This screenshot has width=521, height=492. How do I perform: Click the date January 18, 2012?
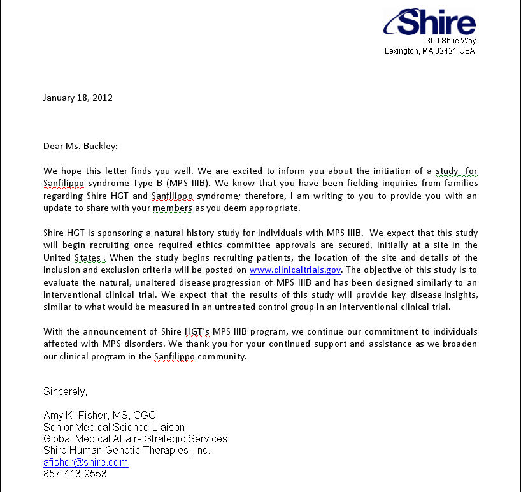(x=78, y=98)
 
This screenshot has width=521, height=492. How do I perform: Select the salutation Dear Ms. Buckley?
(x=80, y=146)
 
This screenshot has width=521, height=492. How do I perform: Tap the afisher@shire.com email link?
(x=85, y=463)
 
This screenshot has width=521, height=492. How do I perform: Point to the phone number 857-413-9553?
(x=75, y=474)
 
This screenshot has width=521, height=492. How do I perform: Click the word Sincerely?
(x=65, y=391)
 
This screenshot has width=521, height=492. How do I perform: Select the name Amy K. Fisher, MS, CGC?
(x=99, y=416)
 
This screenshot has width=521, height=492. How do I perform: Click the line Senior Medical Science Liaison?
(x=114, y=427)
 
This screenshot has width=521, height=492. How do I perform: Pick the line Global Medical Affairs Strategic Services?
(x=135, y=438)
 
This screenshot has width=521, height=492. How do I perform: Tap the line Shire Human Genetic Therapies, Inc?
(x=127, y=451)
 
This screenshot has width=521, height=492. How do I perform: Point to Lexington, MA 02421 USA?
(x=429, y=51)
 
